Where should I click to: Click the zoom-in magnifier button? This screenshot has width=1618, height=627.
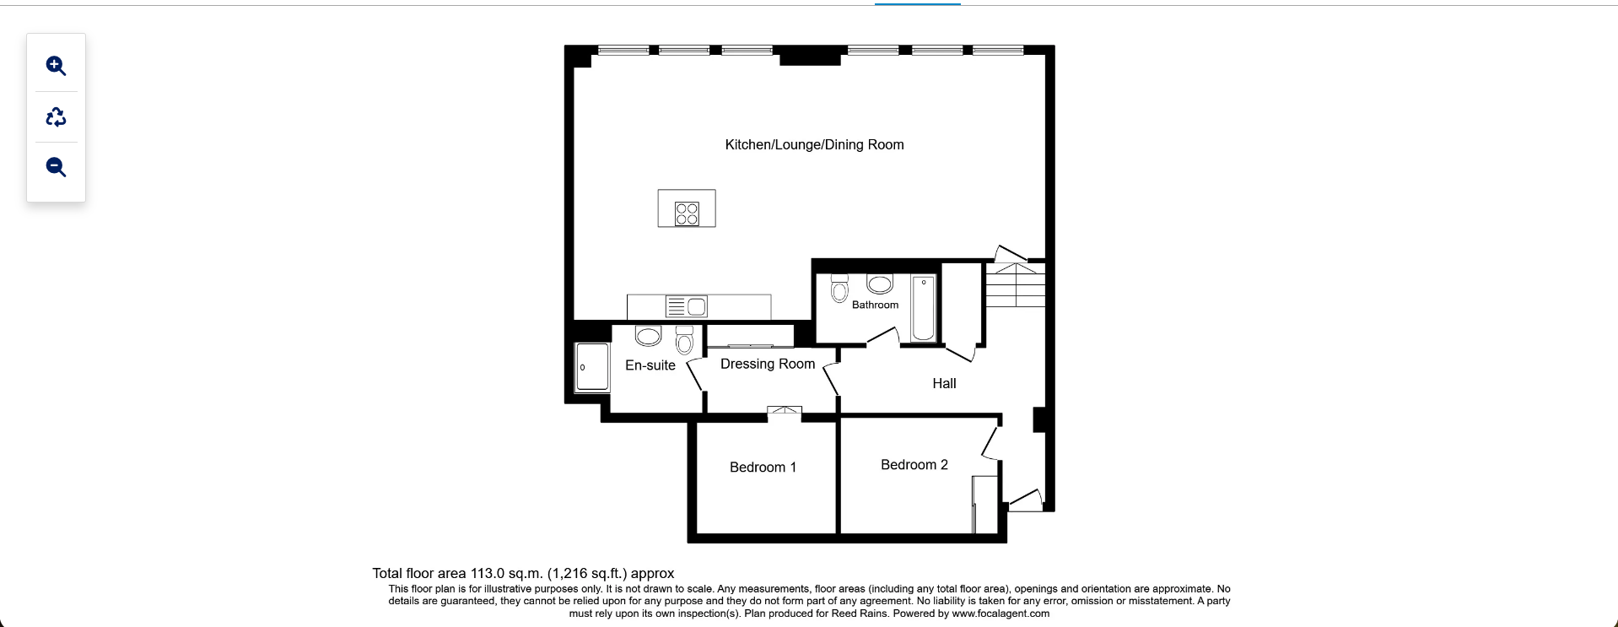coord(56,66)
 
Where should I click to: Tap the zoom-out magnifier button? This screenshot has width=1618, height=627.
coord(56,167)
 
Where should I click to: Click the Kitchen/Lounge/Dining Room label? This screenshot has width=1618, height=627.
coord(814,144)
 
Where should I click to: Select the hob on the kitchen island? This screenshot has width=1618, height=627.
coord(687,214)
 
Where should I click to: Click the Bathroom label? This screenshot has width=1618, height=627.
coord(875,305)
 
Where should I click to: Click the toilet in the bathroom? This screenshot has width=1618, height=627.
coord(839,289)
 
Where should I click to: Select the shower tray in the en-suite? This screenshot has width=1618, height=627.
coord(592,367)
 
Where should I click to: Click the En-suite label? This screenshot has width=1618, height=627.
coord(650,365)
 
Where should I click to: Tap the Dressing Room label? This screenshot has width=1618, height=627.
coord(767,364)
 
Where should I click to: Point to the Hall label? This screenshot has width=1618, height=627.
coord(944,383)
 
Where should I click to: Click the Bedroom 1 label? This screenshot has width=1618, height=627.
coord(763,467)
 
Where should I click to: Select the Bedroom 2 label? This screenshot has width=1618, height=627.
coord(914,464)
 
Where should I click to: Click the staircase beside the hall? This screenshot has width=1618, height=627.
coord(1016,285)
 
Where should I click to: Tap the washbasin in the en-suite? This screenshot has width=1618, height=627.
coord(648,336)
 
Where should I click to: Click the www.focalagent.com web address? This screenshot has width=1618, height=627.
coord(1000,613)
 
